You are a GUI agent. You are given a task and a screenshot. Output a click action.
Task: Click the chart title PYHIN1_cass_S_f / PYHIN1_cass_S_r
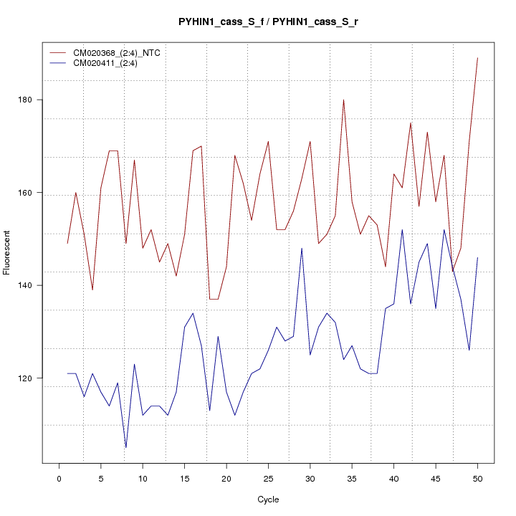268,21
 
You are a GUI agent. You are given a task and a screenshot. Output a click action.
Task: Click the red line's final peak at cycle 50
477,58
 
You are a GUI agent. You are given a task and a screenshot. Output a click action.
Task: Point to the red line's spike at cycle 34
343,100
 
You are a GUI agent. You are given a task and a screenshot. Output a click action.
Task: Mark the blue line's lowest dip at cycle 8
125,447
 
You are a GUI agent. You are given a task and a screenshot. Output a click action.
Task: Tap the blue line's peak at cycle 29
302,248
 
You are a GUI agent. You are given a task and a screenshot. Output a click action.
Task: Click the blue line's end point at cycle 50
477,257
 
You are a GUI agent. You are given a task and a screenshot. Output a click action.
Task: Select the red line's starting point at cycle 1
67,244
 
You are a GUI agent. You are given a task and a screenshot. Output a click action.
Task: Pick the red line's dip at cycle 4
92,290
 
